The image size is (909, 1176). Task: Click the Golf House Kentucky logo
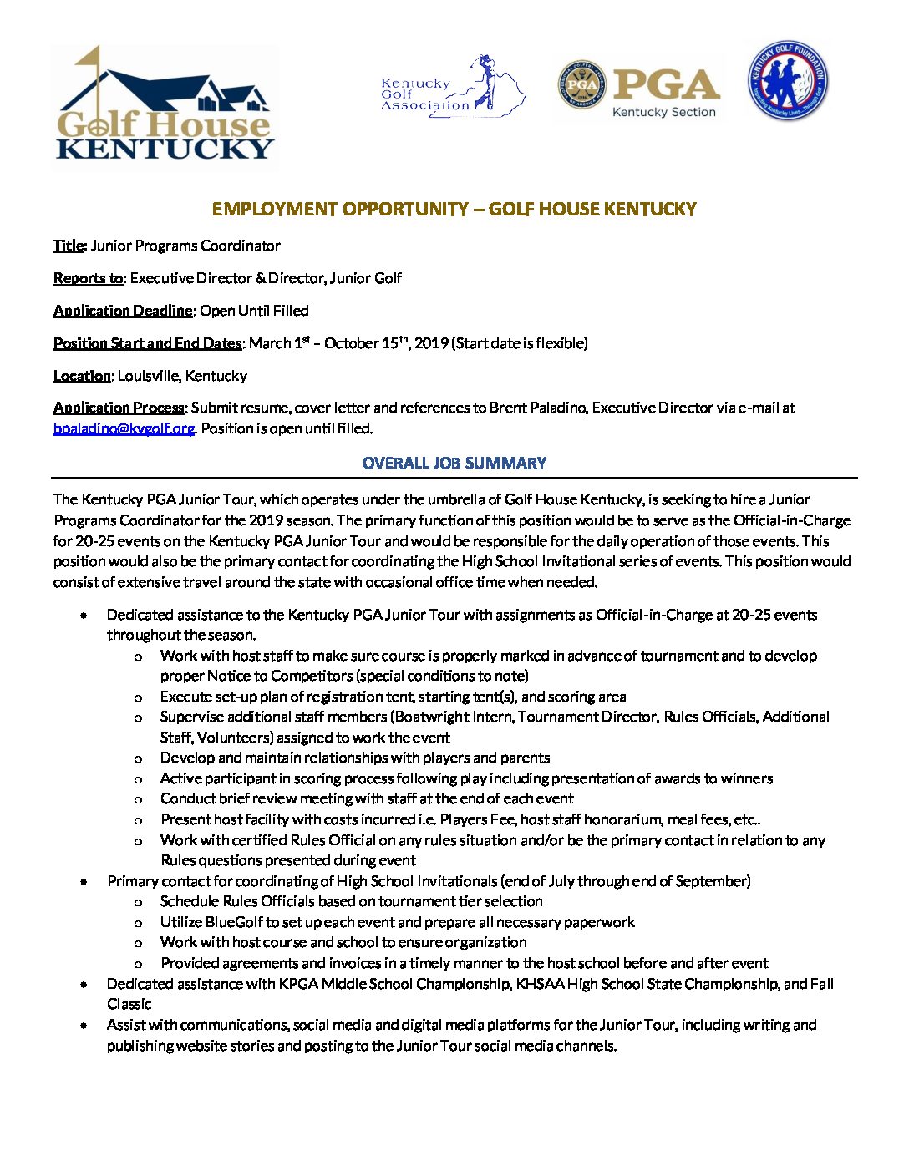point(165,106)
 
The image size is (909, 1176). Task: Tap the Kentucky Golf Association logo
point(453,86)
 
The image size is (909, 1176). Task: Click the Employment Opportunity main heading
point(454,209)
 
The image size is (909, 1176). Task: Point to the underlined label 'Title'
point(69,246)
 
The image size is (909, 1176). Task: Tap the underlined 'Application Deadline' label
point(123,311)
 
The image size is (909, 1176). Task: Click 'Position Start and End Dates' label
point(147,343)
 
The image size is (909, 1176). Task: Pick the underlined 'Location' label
point(82,376)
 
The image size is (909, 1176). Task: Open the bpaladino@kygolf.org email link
point(124,428)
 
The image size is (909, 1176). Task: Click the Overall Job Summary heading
point(454,463)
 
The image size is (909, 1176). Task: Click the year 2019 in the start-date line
point(431,343)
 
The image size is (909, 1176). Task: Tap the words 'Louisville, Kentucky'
point(182,376)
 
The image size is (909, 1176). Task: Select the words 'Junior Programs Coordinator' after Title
point(185,246)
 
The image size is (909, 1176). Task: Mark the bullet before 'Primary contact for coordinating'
point(84,881)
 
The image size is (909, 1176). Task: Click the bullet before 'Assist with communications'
point(84,1025)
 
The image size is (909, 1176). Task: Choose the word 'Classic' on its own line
point(129,1004)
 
